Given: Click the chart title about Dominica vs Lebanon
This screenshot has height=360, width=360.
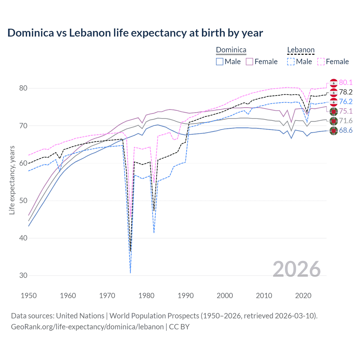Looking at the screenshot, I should point(135,33).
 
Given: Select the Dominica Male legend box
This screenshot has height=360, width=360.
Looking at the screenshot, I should point(220,62).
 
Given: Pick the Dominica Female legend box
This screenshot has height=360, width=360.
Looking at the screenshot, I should point(249,62).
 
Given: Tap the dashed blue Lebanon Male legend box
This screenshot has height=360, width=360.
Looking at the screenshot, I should point(291,62).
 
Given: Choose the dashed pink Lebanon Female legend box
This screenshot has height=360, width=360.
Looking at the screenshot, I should point(321,62).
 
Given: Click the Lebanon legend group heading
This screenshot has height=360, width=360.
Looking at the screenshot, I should point(301,50).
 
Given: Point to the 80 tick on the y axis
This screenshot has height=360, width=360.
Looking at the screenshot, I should point(23,88).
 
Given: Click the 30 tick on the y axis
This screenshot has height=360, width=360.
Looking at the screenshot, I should point(23,276).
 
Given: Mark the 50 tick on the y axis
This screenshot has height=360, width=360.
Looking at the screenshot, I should point(23,201).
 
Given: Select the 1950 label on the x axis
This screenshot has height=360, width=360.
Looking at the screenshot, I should point(29,296).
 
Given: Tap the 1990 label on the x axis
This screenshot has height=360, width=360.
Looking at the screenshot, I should point(186,296).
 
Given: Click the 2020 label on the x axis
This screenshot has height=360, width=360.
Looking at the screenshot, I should point(303,296).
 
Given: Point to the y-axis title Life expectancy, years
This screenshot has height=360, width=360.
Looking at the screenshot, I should point(12,180).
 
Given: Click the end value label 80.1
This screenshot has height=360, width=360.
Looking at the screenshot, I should point(346,82).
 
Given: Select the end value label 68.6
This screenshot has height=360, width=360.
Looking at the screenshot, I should point(346,130).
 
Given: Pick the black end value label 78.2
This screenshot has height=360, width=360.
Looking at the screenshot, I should point(346,92).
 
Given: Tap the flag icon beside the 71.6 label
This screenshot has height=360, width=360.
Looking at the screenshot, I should point(334,121).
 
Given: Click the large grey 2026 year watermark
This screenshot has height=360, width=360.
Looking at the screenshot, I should point(297,269).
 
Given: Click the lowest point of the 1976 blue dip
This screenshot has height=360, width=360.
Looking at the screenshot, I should point(130,272).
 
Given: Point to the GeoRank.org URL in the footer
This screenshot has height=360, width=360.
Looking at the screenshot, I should point(87,327).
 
